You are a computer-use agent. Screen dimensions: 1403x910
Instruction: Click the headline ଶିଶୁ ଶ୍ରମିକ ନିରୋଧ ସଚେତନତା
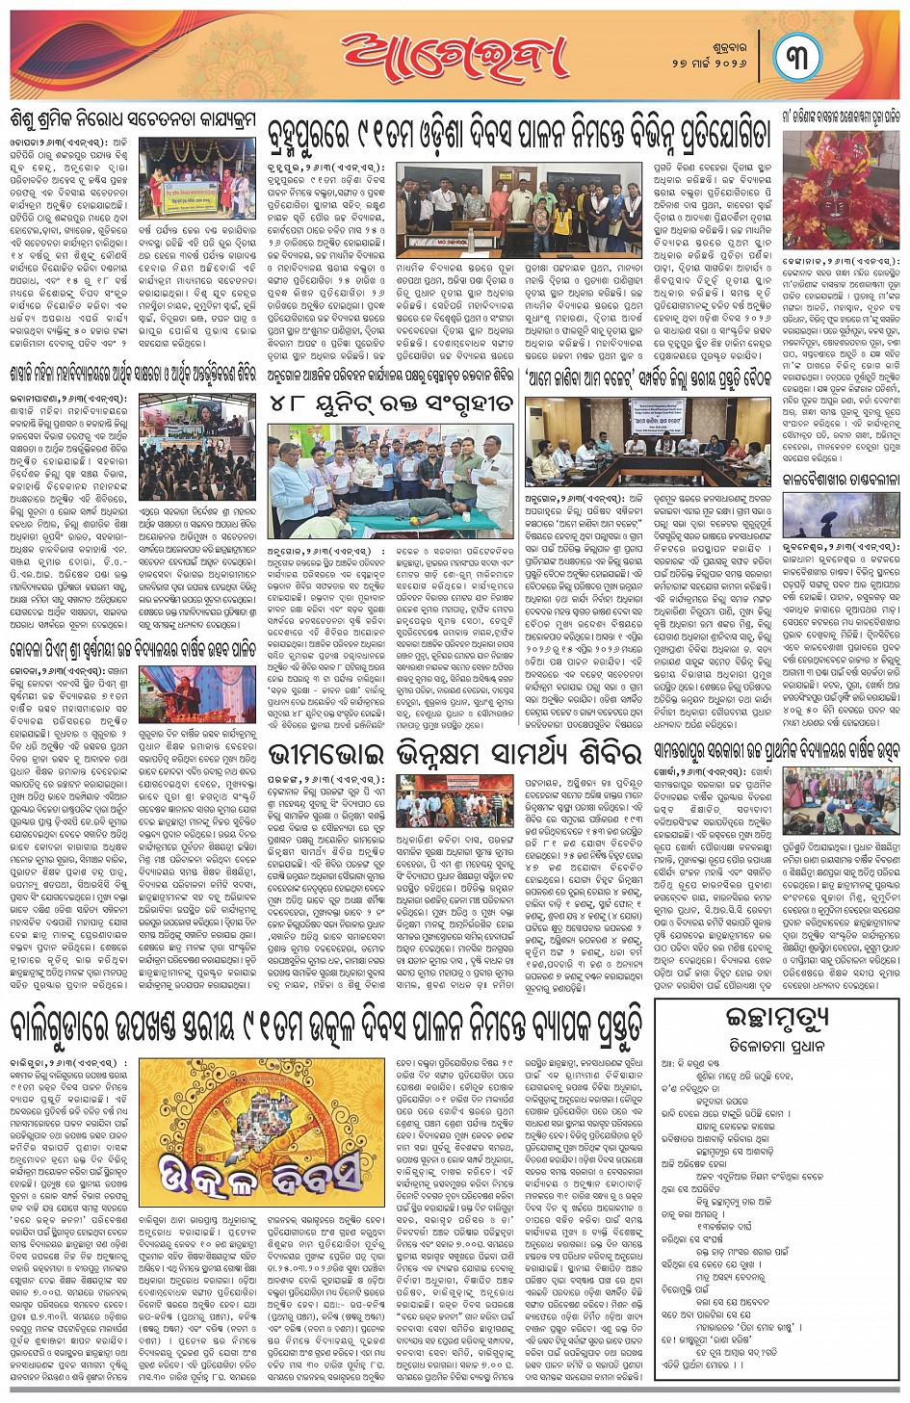point(133,119)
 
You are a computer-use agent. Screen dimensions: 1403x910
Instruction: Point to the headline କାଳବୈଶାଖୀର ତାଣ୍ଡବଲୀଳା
point(841,479)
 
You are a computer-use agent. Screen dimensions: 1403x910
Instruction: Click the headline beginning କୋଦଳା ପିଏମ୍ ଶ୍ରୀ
point(133,649)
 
